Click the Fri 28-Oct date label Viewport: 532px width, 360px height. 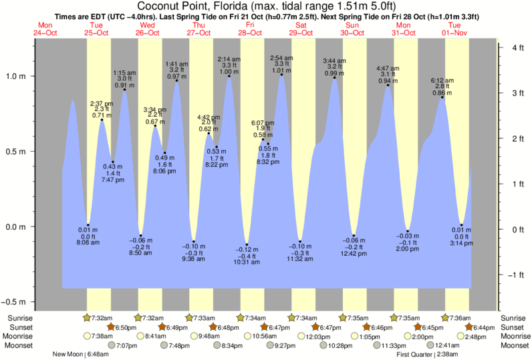point(251,29)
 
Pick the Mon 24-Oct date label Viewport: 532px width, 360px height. point(45,29)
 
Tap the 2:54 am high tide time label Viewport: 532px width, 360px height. point(282,58)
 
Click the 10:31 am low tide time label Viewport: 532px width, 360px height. point(247,262)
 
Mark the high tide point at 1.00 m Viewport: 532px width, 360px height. point(229,75)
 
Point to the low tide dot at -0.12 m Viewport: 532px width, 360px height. point(247,244)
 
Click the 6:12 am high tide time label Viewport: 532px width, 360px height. point(442,79)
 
